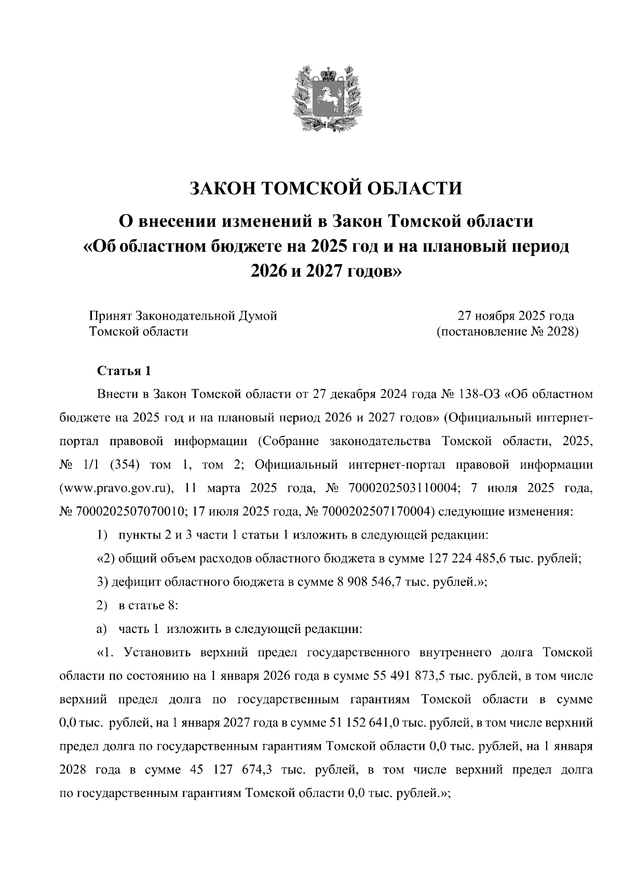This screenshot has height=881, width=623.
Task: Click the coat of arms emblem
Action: (x=325, y=98)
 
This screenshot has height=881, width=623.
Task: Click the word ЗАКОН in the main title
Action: (x=221, y=188)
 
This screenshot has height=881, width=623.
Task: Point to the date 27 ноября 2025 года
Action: (x=516, y=315)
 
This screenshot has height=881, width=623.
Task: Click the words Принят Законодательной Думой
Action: (x=183, y=315)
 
